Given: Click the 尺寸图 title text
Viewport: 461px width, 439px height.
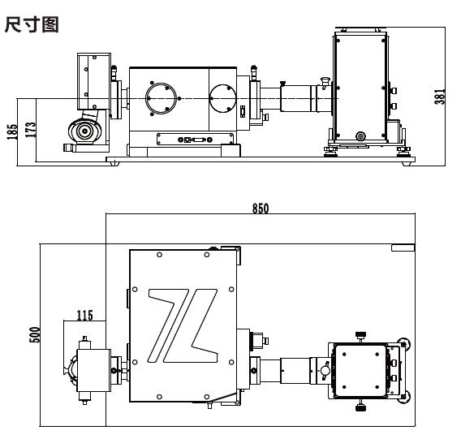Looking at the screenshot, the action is click(32, 24).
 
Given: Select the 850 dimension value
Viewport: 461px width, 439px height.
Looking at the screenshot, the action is click(261, 209).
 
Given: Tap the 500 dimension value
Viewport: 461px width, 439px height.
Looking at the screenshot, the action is click(34, 334).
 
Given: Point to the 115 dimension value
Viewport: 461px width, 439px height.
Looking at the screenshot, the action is click(84, 316).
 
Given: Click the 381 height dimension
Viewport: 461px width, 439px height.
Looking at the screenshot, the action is click(440, 96).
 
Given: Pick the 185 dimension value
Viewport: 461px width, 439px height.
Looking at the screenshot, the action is click(12, 131).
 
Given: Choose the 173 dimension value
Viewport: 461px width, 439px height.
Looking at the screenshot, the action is click(30, 130).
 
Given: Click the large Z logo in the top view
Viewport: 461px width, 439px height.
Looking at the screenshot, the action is click(183, 325).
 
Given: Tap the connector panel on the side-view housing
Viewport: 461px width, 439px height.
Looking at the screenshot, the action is click(196, 139).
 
